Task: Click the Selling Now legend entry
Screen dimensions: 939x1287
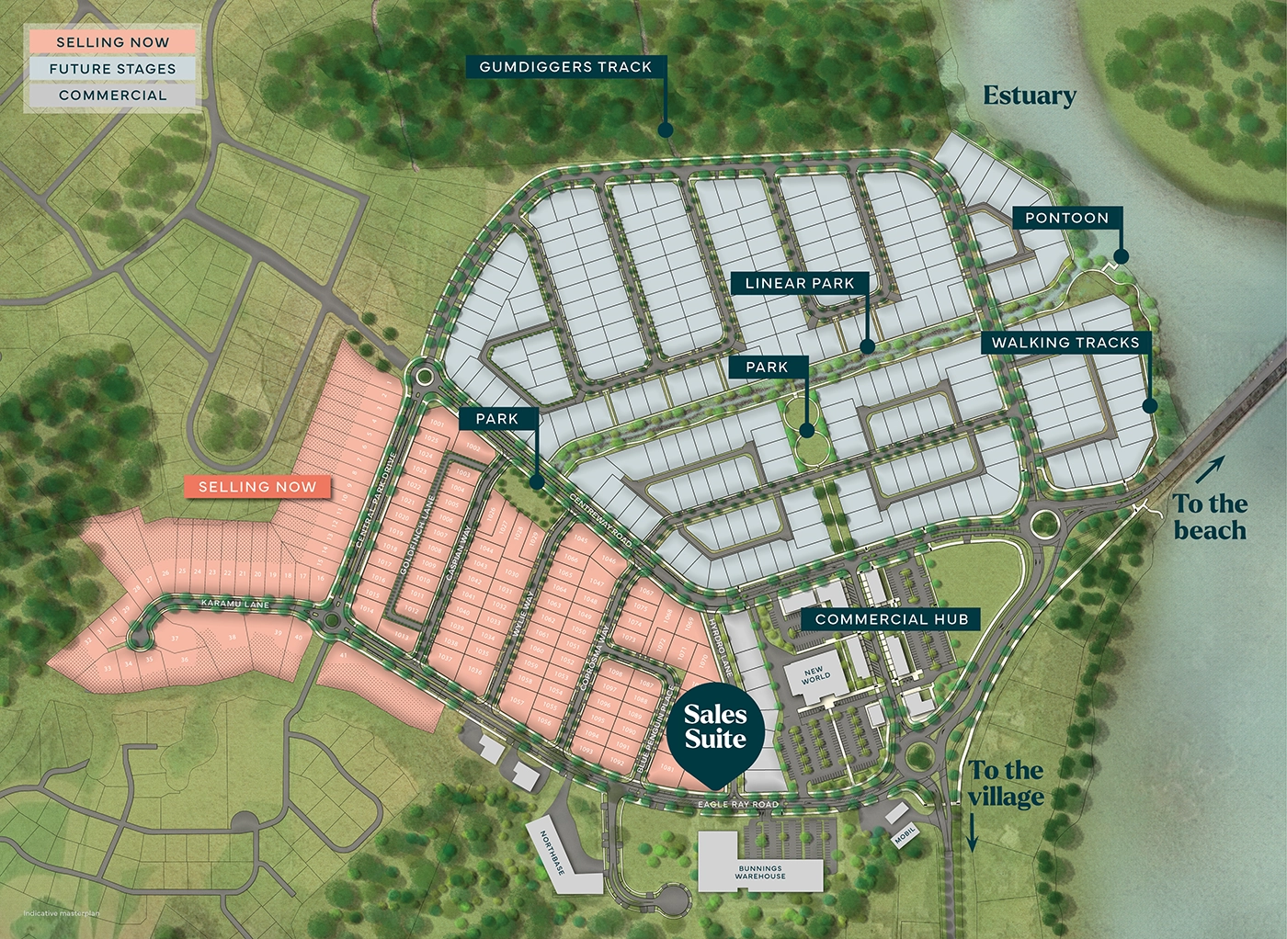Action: pyautogui.click(x=112, y=42)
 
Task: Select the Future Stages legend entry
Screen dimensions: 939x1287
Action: pyautogui.click(x=112, y=69)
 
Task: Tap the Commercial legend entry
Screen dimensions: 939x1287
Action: pyautogui.click(x=112, y=96)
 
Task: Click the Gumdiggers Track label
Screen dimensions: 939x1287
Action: pyautogui.click(x=565, y=67)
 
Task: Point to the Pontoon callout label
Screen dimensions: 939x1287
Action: pyautogui.click(x=1067, y=218)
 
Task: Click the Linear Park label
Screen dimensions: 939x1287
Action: pyautogui.click(x=800, y=283)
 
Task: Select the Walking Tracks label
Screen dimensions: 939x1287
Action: pyautogui.click(x=1065, y=343)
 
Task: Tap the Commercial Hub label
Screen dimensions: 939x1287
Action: pyautogui.click(x=892, y=619)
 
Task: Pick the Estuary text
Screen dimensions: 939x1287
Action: pyautogui.click(x=1030, y=96)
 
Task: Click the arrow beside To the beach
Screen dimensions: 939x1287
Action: pyautogui.click(x=1211, y=469)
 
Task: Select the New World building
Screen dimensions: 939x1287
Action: pyautogui.click(x=815, y=677)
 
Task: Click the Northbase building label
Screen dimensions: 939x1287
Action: pyautogui.click(x=552, y=853)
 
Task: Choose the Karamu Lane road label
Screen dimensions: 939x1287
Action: pyautogui.click(x=236, y=604)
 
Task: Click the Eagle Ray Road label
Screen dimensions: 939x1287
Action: pyautogui.click(x=738, y=804)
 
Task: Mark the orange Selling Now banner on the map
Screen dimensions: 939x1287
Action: pyautogui.click(x=257, y=487)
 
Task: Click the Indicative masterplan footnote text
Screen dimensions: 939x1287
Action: pyautogui.click(x=61, y=913)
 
